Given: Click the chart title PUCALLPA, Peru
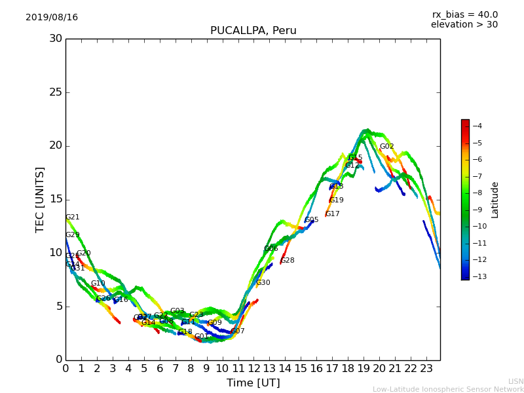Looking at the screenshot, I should [x=253, y=31].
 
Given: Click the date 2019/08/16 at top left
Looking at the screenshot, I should [x=52, y=18].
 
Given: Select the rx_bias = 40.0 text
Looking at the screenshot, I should [x=464, y=15].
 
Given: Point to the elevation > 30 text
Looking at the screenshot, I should [x=464, y=25].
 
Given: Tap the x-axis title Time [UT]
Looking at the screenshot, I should [x=253, y=383].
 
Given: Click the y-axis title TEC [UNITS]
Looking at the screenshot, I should [x=40, y=199].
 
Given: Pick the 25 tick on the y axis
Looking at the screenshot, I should [x=56, y=92].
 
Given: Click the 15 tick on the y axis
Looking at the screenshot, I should [x=56, y=199].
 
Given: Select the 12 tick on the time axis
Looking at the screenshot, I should [x=253, y=369].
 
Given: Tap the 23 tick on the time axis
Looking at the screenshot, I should [x=426, y=369].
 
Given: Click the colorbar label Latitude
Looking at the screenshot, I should [x=495, y=200].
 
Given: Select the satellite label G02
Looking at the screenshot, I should [x=387, y=147].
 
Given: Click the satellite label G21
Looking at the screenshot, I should [x=73, y=217].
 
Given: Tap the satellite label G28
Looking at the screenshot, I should [x=288, y=261].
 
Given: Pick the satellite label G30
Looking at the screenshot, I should [x=263, y=283].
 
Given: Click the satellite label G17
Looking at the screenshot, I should [x=333, y=214].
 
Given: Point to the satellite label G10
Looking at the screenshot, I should [x=98, y=284].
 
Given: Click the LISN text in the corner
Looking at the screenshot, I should [x=516, y=381].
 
